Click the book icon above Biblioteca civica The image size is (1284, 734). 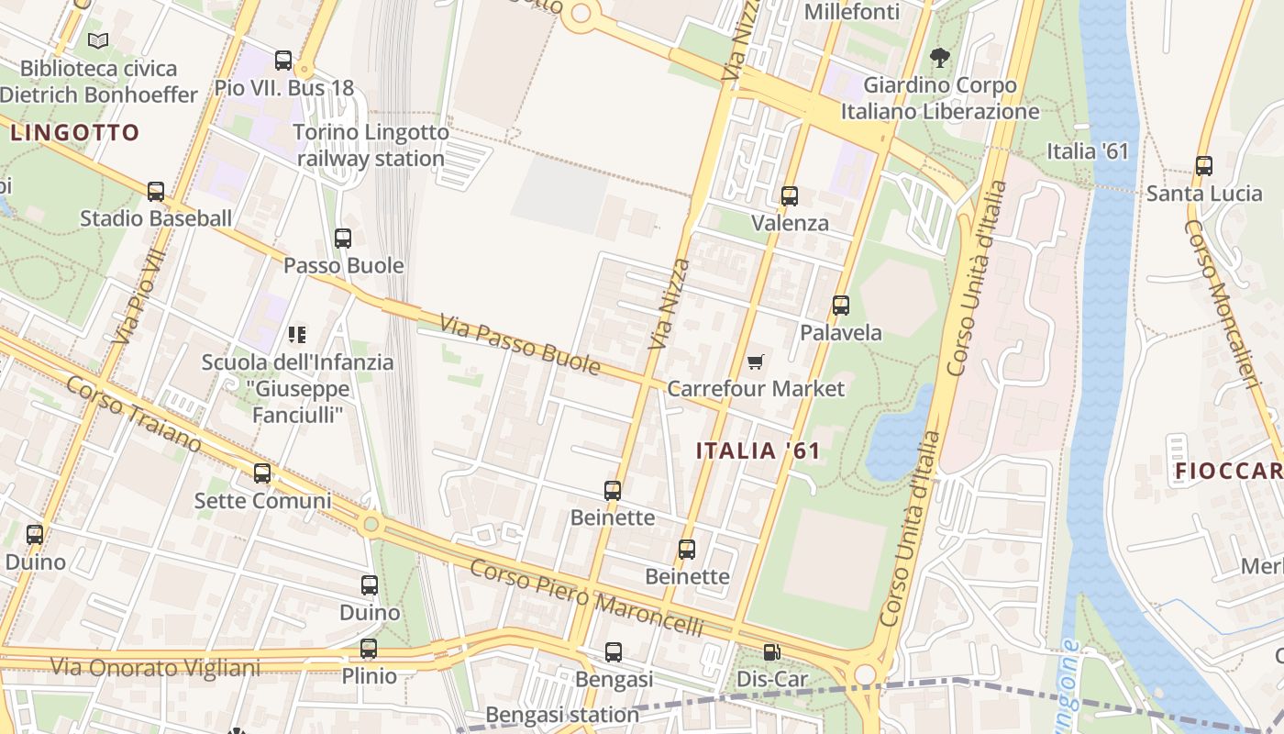[x=98, y=40]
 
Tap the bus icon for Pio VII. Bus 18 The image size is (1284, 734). [x=283, y=61]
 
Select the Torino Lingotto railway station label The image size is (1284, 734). [x=371, y=145]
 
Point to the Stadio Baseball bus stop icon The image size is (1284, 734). [x=156, y=192]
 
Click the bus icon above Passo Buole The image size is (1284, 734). [x=343, y=239]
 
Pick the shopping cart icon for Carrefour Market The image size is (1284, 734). [x=755, y=361]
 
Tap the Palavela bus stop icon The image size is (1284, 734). [x=841, y=306]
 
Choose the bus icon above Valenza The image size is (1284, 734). [x=790, y=196]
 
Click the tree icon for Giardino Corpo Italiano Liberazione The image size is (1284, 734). [x=939, y=59]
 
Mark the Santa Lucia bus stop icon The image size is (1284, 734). [x=1204, y=166]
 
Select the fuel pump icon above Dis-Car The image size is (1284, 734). [x=772, y=652]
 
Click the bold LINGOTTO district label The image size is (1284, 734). [x=75, y=133]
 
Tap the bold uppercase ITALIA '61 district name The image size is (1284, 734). [x=758, y=450]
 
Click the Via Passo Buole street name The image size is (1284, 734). [x=519, y=346]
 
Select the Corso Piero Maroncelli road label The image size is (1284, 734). [x=586, y=598]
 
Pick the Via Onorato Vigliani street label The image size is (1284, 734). [x=155, y=667]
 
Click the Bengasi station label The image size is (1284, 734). [x=562, y=714]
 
